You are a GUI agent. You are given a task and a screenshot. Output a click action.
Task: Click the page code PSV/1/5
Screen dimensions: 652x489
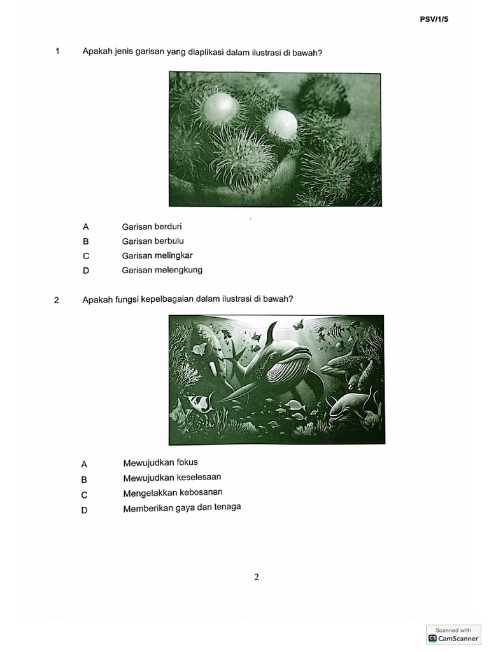pos(434,20)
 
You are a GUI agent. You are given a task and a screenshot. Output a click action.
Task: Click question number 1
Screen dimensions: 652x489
pos(57,52)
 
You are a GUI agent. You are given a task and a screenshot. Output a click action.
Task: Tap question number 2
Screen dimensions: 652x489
pos(57,300)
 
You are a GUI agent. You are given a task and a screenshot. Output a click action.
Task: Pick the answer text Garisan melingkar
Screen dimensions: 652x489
pos(157,255)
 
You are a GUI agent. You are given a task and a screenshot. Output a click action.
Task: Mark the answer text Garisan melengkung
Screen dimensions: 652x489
pos(162,270)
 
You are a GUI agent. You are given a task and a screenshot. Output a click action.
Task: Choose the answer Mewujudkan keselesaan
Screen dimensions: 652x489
pos(172,478)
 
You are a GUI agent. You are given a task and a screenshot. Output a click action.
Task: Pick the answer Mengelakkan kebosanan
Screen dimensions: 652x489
pos(173,493)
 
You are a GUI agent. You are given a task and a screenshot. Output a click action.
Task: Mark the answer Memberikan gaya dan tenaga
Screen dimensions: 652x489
pos(181,507)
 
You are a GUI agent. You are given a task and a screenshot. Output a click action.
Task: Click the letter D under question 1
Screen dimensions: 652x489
pos(85,271)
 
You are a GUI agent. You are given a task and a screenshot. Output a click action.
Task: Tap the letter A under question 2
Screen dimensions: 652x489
pos(84,465)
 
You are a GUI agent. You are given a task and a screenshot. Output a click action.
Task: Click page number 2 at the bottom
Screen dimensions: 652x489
pos(257,578)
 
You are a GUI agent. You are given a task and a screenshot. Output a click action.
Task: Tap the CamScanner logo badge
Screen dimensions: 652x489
pos(453,634)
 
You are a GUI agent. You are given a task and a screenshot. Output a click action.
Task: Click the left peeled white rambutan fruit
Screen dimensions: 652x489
pos(218,108)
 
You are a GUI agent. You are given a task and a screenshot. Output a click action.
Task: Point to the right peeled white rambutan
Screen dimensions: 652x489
pos(281,124)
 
